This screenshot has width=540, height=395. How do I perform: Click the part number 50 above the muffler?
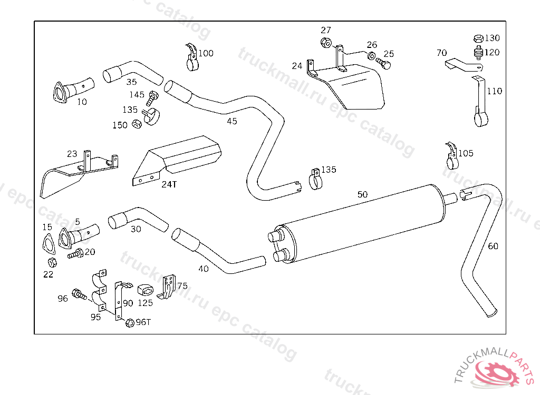tap(362, 194)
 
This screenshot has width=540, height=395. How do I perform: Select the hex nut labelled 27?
tap(325, 43)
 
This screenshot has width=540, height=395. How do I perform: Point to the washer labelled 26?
tap(371, 56)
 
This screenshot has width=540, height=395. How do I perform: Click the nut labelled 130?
tap(478, 38)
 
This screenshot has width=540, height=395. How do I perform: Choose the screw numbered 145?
tap(153, 97)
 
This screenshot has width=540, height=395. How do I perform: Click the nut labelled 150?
tap(136, 124)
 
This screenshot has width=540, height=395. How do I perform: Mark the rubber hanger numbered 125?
tap(145, 291)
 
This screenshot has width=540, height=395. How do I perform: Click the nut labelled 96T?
tap(129, 323)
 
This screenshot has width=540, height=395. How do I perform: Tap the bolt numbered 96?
tap(79, 294)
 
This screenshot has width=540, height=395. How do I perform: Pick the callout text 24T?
tap(169, 184)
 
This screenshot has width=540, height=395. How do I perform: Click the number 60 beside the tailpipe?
tap(493, 246)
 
